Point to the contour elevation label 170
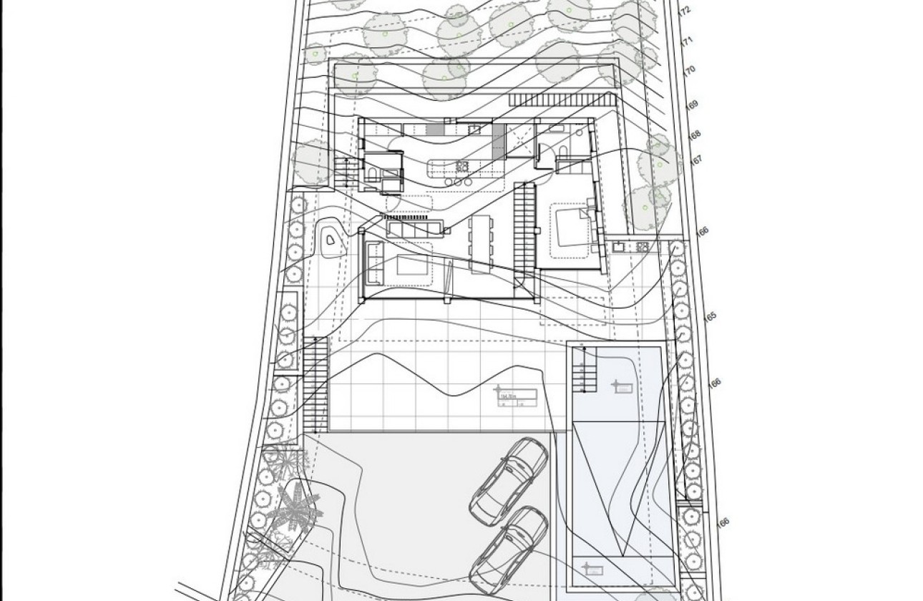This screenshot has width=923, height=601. click(690, 70)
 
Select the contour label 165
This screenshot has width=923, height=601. click(710, 316)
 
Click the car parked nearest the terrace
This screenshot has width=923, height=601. click(509, 477)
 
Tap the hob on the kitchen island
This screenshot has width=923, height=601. click(462, 167)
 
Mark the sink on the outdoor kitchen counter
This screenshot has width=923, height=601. click(617, 247)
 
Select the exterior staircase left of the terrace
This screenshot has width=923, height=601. click(315, 383)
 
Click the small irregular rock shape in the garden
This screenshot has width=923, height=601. click(331, 243)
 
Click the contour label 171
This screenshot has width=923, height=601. click(687, 42)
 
